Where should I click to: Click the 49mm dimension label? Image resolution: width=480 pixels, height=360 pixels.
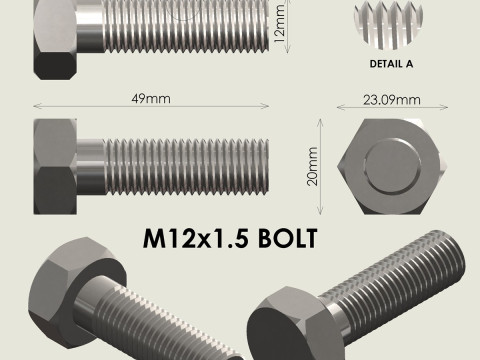[151, 99]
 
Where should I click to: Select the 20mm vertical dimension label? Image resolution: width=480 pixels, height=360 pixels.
[313, 168]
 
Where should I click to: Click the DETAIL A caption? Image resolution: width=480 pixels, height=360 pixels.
[385, 63]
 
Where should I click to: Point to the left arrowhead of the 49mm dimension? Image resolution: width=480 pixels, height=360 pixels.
[37, 106]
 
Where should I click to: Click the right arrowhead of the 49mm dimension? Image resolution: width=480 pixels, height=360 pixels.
[266, 106]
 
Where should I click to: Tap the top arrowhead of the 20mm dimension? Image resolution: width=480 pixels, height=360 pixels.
[321, 122]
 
